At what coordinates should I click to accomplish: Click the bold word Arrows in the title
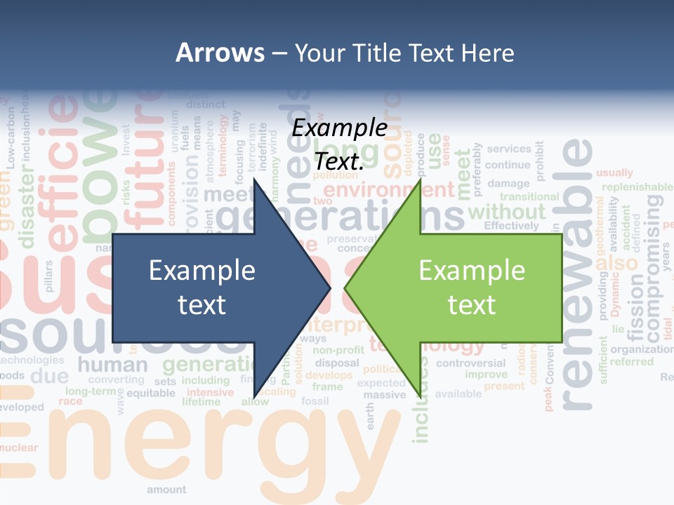[x=220, y=53]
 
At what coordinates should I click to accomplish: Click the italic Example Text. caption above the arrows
[x=340, y=144]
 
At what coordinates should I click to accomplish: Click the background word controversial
[x=470, y=363]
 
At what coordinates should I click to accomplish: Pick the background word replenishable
[x=637, y=187]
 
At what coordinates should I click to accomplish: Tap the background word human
[x=112, y=365]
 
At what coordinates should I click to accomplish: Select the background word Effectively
[x=511, y=226]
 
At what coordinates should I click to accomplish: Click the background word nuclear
[x=19, y=447]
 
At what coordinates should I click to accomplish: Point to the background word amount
[x=166, y=490]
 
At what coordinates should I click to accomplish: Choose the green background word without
[x=506, y=211]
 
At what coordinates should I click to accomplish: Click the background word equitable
[x=151, y=393]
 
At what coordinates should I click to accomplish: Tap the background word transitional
[x=529, y=197]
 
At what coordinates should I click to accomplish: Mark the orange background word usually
[x=614, y=173]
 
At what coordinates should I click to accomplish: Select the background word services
[x=509, y=149]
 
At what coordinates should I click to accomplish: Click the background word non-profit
[x=338, y=350]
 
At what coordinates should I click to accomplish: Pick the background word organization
[x=642, y=349]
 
